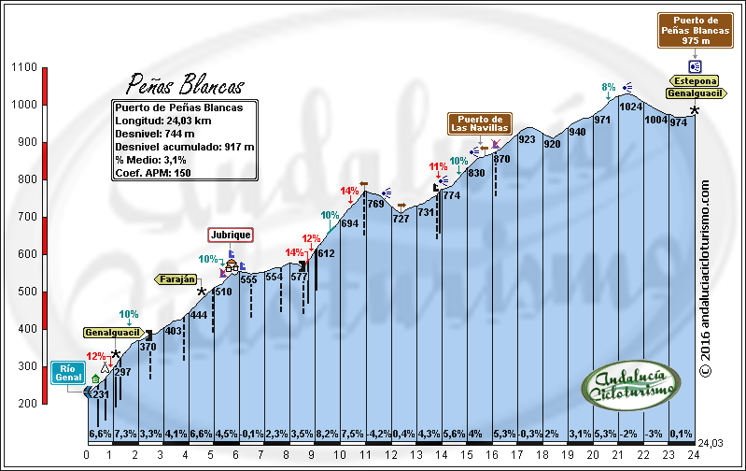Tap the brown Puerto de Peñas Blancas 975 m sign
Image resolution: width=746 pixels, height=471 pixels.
(x=696, y=30)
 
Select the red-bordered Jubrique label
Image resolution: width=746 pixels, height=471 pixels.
(x=231, y=235)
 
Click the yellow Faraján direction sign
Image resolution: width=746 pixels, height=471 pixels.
(x=176, y=278)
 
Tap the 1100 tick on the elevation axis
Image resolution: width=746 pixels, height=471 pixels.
(x=25, y=67)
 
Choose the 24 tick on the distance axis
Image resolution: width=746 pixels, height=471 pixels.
(x=694, y=454)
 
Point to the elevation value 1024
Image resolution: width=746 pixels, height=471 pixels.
(x=631, y=107)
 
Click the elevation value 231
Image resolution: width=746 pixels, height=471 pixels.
(x=101, y=394)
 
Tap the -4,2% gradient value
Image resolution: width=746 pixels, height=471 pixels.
(x=378, y=434)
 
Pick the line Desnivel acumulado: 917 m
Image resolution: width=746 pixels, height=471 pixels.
(x=184, y=146)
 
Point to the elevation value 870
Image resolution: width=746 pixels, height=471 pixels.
(x=502, y=159)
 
